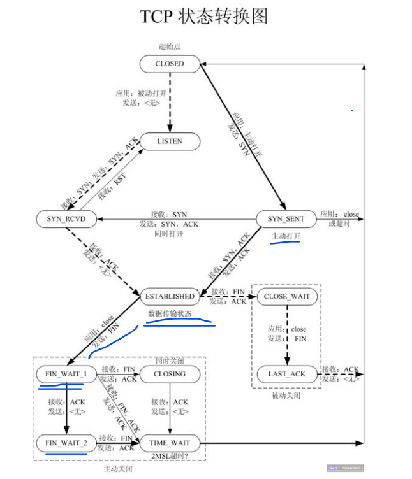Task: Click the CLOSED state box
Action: [170, 64]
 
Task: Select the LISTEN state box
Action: [170, 141]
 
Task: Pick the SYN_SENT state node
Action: [286, 219]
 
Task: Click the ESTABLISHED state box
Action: [170, 296]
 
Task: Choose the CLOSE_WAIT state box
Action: [286, 296]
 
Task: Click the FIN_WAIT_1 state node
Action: [66, 374]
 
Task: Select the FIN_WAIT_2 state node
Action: [66, 441]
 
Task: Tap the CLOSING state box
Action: [170, 374]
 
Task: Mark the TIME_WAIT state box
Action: [170, 441]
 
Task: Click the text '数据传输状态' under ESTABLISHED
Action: [170, 314]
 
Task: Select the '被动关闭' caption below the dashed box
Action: [286, 396]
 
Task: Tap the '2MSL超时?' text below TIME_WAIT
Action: [170, 455]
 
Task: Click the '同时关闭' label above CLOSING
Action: [170, 361]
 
